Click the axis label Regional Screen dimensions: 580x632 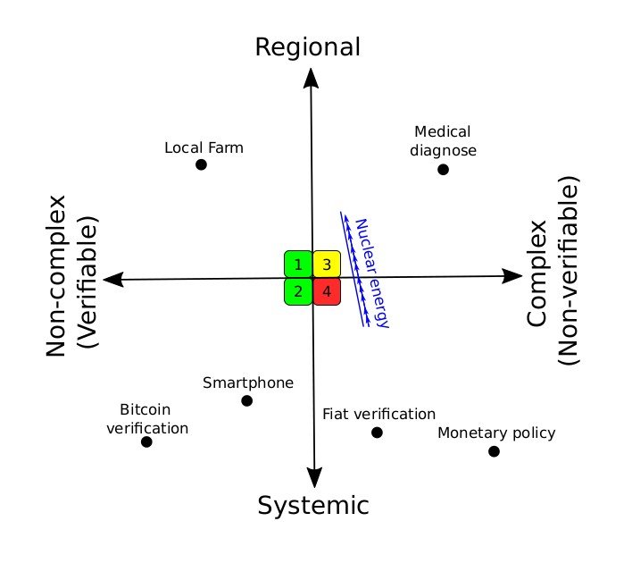click(x=308, y=46)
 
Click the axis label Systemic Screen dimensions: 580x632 click(x=313, y=506)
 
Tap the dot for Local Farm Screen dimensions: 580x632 click(x=201, y=164)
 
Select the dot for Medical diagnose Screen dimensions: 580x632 click(x=443, y=169)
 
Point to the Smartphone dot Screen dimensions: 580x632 click(x=247, y=400)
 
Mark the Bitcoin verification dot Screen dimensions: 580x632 click(x=147, y=441)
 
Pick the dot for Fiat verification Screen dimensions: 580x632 click(x=377, y=433)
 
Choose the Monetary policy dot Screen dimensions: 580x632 click(x=494, y=451)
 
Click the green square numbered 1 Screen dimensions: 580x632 click(x=297, y=265)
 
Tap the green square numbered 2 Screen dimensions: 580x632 click(x=297, y=291)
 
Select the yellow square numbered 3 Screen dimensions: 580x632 click(x=327, y=265)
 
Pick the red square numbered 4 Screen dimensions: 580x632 click(x=327, y=291)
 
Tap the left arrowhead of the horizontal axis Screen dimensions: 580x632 click(x=113, y=280)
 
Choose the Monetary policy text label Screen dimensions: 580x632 click(x=496, y=433)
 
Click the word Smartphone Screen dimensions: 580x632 click(x=248, y=382)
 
